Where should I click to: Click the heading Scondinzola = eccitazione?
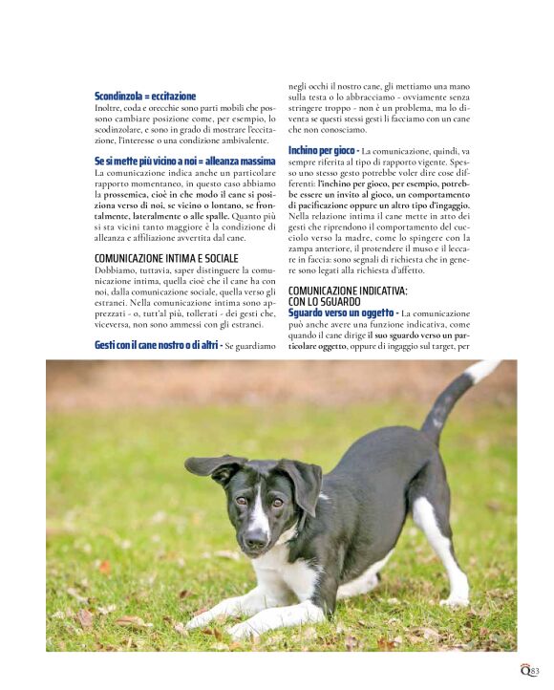pyautogui.click(x=145, y=97)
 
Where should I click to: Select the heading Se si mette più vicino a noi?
pyautogui.click(x=184, y=162)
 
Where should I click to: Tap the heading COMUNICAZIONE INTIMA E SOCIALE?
pyautogui.click(x=166, y=258)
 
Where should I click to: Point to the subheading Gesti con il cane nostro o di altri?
pyautogui.click(x=157, y=344)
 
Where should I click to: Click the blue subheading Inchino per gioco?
pyautogui.click(x=323, y=151)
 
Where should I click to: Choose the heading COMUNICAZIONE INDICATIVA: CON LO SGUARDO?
pyautogui.click(x=348, y=295)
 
